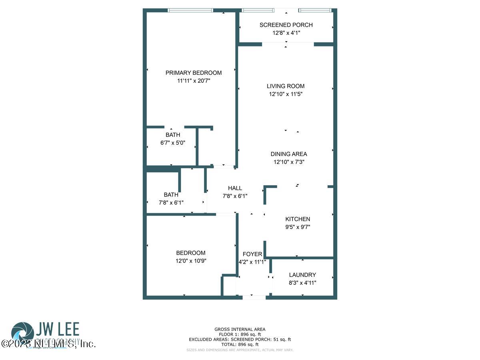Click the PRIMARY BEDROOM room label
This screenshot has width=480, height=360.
click(x=194, y=73)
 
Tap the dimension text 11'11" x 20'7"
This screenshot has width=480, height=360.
click(x=194, y=81)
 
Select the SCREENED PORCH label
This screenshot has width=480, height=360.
click(x=286, y=25)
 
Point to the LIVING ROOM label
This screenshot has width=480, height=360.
click(x=286, y=86)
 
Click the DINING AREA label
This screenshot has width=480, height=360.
click(x=289, y=154)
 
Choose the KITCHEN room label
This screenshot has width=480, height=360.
click(x=298, y=219)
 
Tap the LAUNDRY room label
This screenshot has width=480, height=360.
click(x=302, y=275)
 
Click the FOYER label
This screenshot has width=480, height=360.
click(x=252, y=254)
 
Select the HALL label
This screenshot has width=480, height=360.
click(x=235, y=188)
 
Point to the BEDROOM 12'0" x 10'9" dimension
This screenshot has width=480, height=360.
click(x=191, y=261)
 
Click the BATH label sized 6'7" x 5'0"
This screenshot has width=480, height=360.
click(x=173, y=135)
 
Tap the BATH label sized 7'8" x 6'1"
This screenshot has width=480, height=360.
click(x=171, y=195)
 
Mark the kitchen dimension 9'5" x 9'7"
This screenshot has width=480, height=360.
click(x=298, y=227)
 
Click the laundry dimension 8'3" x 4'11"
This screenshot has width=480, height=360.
click(x=302, y=283)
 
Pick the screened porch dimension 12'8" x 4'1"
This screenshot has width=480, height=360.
click(x=286, y=33)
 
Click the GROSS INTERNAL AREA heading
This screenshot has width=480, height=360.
click(x=240, y=330)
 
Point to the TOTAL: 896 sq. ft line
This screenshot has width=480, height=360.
click(x=240, y=344)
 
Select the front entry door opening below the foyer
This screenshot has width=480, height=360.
click(x=254, y=297)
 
